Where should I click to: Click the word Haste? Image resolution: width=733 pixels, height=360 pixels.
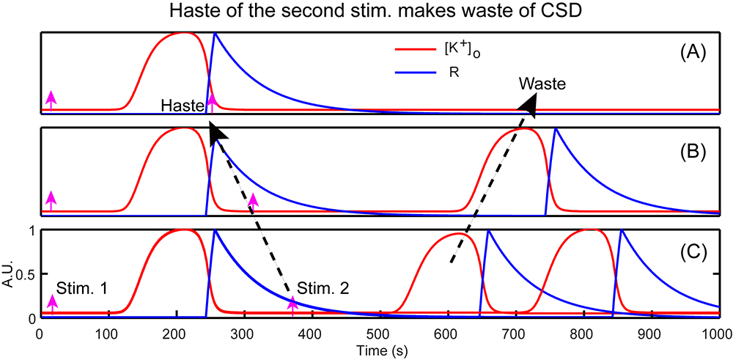[x=183, y=106]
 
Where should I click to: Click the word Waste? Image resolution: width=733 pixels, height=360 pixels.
[x=542, y=84]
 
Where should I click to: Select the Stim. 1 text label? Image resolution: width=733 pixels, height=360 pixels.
[x=82, y=290]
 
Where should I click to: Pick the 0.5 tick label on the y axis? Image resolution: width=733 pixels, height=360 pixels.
[x=24, y=274]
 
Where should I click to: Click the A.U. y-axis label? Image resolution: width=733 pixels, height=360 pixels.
[x=9, y=273]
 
